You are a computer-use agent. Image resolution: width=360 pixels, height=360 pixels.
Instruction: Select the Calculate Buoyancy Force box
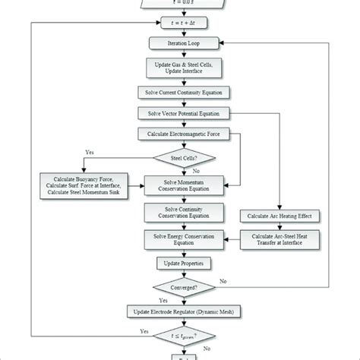[x=82, y=183]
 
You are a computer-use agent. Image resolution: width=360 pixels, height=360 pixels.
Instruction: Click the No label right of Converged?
[x=223, y=281]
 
